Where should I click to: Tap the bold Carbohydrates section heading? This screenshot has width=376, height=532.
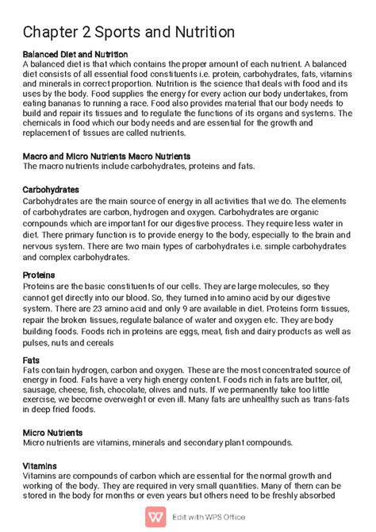(x=52, y=190)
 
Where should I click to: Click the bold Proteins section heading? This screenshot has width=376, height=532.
(x=40, y=275)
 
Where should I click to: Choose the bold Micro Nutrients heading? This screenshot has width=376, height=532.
(x=53, y=433)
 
